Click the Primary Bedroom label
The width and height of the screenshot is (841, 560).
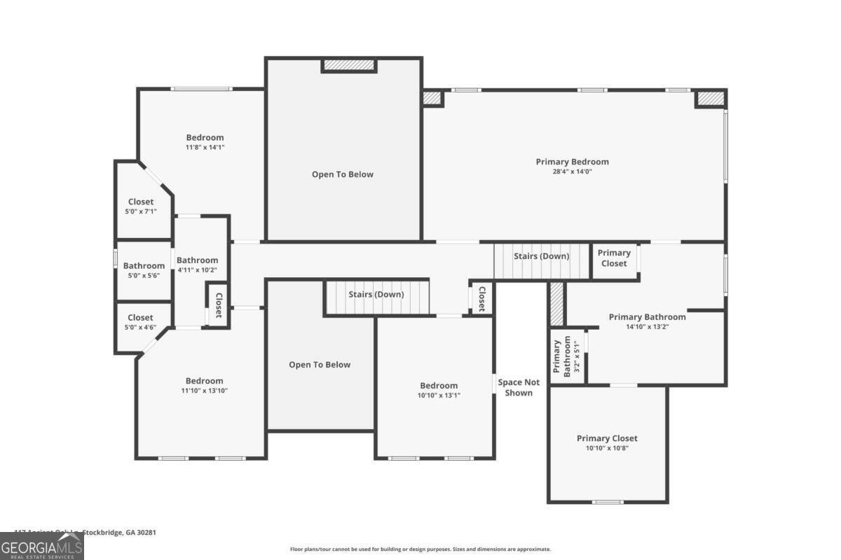[x=572, y=162]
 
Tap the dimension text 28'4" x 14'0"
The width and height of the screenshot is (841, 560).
[x=572, y=171]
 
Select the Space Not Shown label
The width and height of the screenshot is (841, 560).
[x=519, y=387]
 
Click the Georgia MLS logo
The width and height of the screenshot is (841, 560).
[x=42, y=546]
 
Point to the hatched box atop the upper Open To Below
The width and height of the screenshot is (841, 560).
[x=349, y=65]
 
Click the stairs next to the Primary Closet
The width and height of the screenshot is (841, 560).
[x=542, y=260]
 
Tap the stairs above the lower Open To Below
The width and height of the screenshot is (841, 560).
[x=376, y=297]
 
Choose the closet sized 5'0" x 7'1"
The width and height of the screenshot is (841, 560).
[x=141, y=206]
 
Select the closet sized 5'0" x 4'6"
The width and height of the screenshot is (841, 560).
[x=141, y=322]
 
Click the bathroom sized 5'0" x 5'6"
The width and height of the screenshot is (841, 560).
[x=144, y=270]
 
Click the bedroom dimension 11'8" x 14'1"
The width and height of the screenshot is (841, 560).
[x=205, y=148]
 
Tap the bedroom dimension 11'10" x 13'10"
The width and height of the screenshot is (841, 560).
[x=204, y=391]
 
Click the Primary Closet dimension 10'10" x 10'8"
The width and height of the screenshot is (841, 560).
[x=607, y=448]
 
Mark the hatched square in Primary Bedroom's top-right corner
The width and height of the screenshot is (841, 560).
[x=709, y=99]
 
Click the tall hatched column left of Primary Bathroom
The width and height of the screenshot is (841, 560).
[x=556, y=304]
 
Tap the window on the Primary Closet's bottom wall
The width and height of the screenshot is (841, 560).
[x=607, y=501]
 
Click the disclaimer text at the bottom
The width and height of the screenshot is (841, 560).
[x=420, y=549]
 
